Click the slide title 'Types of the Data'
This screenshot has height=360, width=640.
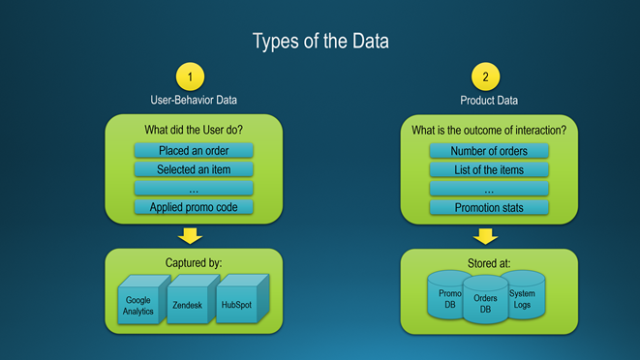coord(320,42)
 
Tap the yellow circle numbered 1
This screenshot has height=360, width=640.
coord(190,76)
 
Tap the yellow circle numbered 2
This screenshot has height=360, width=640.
coord(485,76)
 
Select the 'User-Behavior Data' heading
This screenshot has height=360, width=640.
coord(194,100)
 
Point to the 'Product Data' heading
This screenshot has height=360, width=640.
coord(489,101)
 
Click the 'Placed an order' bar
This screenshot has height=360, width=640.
coord(194,151)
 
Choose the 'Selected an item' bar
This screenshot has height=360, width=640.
coord(194,169)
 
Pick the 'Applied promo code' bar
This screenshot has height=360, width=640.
coord(194,207)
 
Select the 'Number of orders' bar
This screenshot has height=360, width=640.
coord(489,151)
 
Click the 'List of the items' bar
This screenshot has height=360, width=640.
coord(489,169)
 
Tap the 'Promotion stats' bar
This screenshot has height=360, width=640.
coord(489,207)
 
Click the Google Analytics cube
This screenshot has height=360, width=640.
coord(143,300)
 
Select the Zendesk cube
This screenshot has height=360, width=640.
coord(192,300)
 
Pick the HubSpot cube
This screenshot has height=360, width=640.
coord(242,299)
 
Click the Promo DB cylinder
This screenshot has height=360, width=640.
coord(446,295)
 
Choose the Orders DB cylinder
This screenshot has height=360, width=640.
coord(485,300)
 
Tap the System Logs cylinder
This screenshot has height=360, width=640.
coord(525,295)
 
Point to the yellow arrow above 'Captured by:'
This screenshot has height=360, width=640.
coord(190,236)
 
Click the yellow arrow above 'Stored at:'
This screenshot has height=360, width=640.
coord(485,236)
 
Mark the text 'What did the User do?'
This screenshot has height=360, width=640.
coord(194,130)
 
